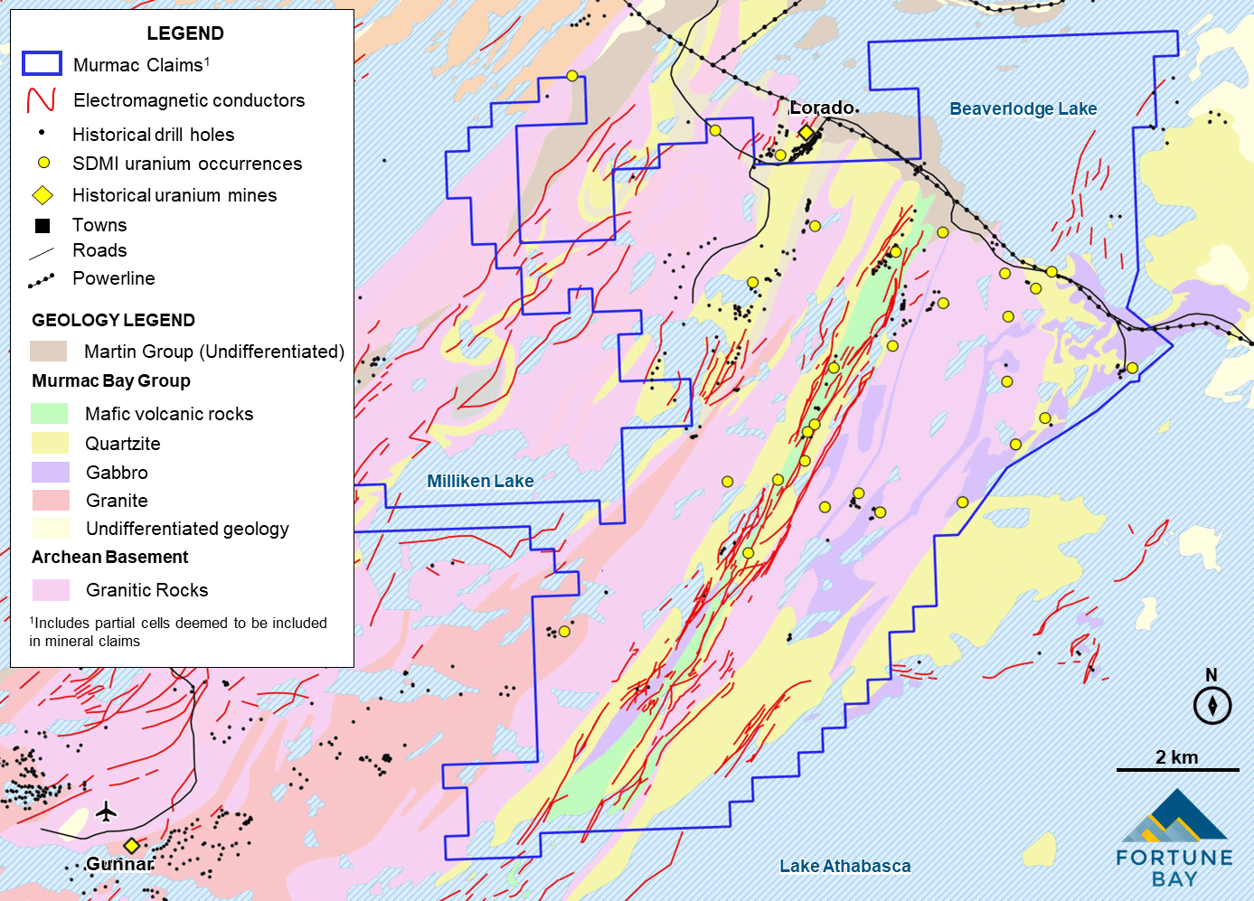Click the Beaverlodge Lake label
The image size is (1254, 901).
click(x=1023, y=109)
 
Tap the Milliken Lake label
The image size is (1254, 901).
click(x=480, y=482)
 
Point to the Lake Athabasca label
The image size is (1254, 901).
click(x=844, y=866)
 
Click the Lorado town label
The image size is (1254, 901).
click(x=822, y=108)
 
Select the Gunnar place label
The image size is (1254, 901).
click(x=119, y=864)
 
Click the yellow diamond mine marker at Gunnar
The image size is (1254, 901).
click(x=132, y=846)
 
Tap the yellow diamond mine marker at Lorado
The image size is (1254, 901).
click(x=806, y=133)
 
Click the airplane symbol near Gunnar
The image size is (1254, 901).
click(x=107, y=812)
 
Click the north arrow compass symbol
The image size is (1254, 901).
click(x=1212, y=705)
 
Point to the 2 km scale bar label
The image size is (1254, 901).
click(x=1176, y=757)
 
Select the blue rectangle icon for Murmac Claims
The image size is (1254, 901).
click(x=42, y=63)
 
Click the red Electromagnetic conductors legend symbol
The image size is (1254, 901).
click(x=42, y=99)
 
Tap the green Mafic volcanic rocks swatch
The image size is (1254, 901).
click(x=50, y=413)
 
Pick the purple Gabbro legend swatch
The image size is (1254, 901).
click(x=50, y=472)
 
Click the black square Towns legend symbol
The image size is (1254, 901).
click(x=42, y=225)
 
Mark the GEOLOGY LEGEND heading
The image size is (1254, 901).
click(x=113, y=320)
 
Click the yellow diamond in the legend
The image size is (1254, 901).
click(x=42, y=195)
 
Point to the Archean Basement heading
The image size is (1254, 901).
click(x=109, y=557)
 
